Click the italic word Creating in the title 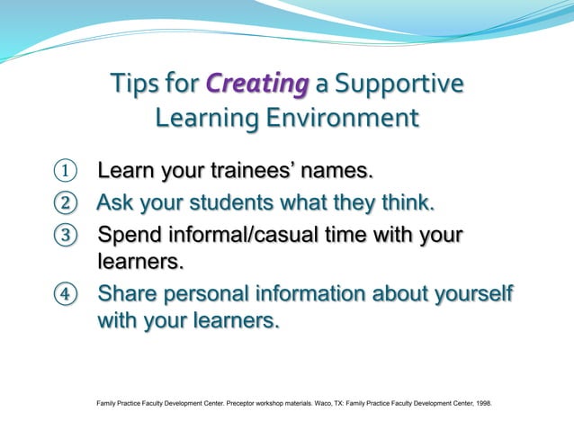(x=257, y=85)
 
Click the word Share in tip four (x=130, y=295)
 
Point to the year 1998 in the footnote (x=482, y=416)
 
